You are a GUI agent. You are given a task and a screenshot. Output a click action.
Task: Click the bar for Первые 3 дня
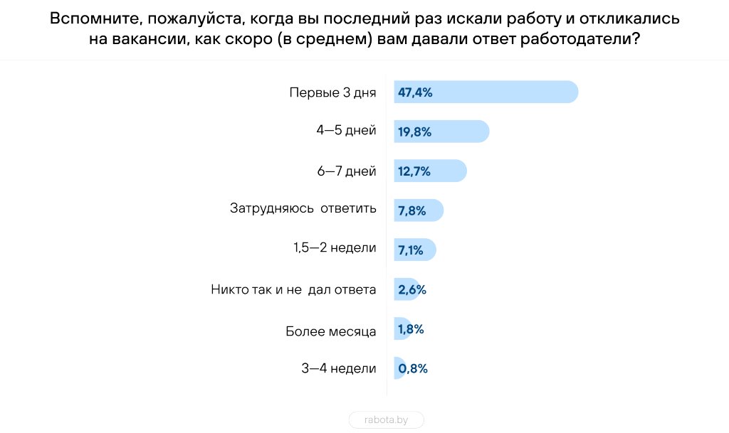pos(498,92)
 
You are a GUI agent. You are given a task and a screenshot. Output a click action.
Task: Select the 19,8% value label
pos(415,132)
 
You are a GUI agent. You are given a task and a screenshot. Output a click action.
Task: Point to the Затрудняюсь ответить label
pos(303,210)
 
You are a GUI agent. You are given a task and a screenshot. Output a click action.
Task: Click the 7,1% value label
pos(411,250)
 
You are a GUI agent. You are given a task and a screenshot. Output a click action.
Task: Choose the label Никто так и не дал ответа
pos(293,289)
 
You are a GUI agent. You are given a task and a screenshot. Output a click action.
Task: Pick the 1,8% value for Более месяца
pos(411,329)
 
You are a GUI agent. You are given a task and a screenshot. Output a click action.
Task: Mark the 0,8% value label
pos(413,368)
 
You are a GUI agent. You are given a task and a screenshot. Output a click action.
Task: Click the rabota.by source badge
pos(387,420)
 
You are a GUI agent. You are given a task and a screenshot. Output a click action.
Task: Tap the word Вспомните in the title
pos(92,19)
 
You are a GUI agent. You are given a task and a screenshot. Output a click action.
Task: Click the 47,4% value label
pos(416,92)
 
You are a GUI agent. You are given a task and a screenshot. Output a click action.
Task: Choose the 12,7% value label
pos(414,171)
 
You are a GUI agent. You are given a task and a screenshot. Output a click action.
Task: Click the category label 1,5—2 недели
pos(335,250)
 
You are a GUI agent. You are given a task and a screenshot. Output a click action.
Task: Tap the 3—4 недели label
pos(339,368)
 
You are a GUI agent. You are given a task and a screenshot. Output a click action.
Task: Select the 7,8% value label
pos(412,210)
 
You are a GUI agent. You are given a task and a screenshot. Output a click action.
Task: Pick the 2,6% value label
pos(412,289)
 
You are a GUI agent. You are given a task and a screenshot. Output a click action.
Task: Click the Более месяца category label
pos(330,329)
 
